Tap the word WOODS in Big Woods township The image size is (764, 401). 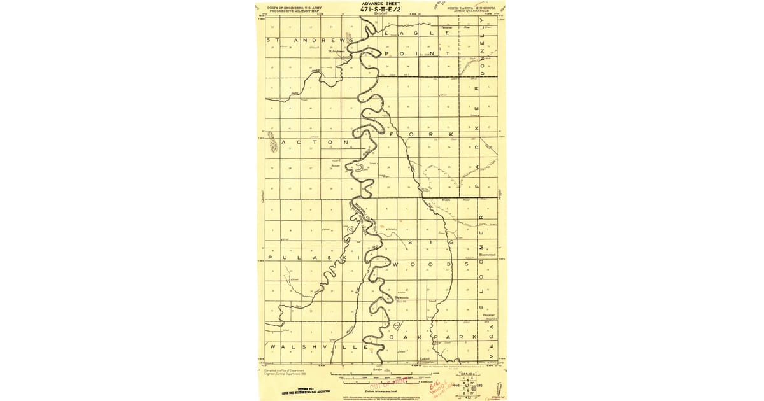click(x=421, y=263)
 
